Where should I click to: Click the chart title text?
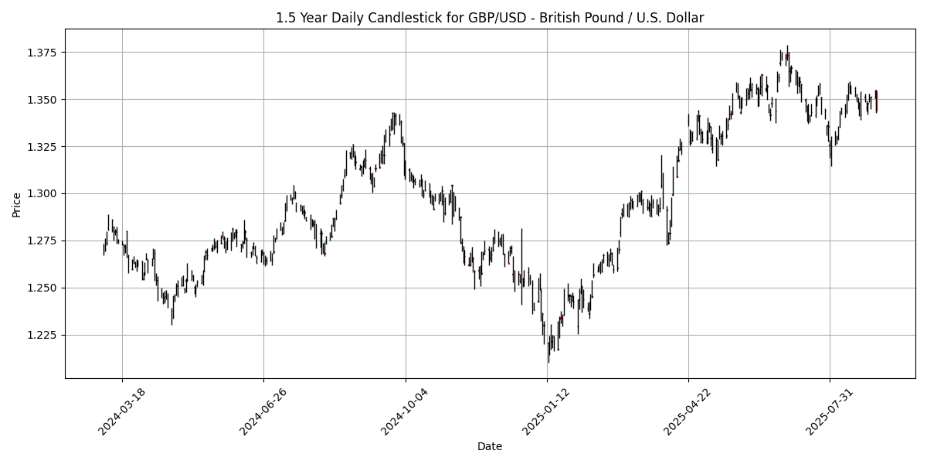(490, 18)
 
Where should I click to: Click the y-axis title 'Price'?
(17, 204)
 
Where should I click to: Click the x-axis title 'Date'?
(490, 446)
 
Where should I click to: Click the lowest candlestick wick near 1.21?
(548, 360)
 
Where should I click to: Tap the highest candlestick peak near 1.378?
(787, 46)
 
